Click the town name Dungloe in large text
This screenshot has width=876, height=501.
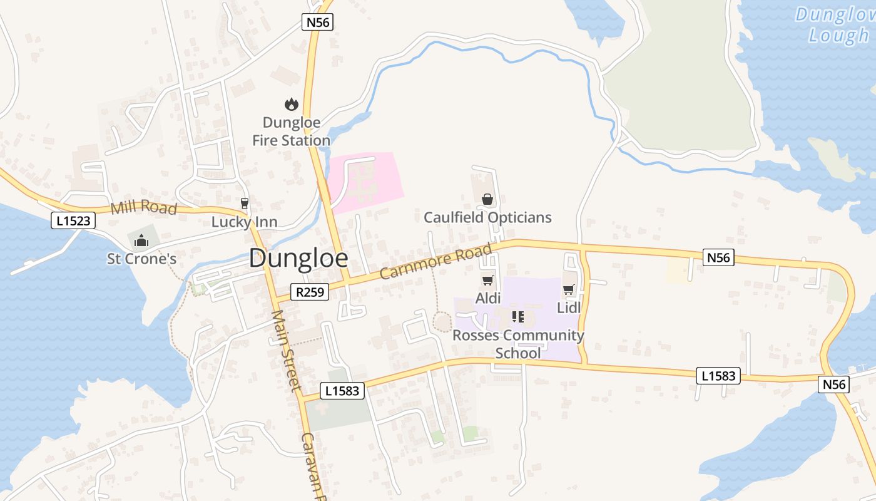coord(298,259)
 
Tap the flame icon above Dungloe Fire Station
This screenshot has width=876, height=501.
coord(291,105)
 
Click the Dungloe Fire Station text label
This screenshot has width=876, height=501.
coord(291,132)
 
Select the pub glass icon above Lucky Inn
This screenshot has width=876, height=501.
coord(244,204)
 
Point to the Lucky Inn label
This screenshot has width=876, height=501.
coord(244,222)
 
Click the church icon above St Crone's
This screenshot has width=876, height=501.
coord(141,240)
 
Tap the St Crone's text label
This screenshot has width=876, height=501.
coord(141,259)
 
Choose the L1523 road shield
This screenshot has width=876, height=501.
coord(73,220)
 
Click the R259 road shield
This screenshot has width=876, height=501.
coord(310,291)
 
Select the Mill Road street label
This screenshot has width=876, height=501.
coord(143,207)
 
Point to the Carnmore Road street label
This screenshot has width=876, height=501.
coord(435,262)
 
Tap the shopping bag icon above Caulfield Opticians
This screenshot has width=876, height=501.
coord(487,200)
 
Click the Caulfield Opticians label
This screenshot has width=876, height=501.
coord(487,217)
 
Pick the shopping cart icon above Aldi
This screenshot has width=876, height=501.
coord(487,281)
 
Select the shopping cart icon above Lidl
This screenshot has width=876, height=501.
coord(568,290)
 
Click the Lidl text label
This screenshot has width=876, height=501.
coord(569,307)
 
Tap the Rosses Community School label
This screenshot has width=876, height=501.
coord(518,344)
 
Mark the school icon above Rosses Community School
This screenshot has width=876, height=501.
coord(517,317)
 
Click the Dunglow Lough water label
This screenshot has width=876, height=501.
coord(835,25)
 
